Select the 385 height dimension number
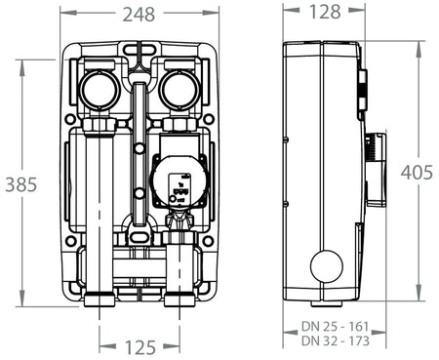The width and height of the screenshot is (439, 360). tap(21, 182)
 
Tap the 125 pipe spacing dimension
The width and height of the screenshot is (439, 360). tap(140, 345)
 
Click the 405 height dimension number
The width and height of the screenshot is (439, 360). tap(416, 172)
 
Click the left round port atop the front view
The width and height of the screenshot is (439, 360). tap(100, 91)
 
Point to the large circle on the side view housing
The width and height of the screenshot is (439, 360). tap(325, 266)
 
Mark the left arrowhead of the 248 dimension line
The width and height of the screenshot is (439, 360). tap(63, 14)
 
